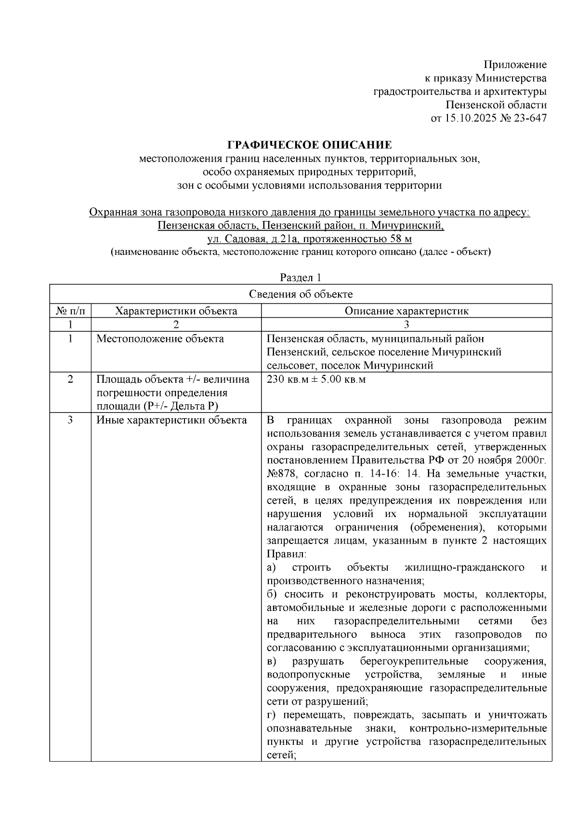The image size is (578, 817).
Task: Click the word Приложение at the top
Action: (515, 65)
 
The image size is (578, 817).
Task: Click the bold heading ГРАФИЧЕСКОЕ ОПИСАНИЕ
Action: (309, 145)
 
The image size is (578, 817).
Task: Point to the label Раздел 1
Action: (301, 278)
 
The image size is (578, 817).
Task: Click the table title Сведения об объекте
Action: (301, 294)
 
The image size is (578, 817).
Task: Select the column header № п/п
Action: (70, 311)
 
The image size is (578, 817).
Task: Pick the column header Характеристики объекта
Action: (176, 311)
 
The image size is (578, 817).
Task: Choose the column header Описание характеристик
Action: (406, 311)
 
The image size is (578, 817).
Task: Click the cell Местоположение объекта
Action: (160, 338)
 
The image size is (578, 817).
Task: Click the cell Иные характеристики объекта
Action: (171, 420)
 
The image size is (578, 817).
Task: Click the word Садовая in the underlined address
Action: (253, 239)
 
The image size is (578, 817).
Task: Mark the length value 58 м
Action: (401, 239)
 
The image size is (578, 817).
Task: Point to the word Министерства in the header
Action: (511, 78)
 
